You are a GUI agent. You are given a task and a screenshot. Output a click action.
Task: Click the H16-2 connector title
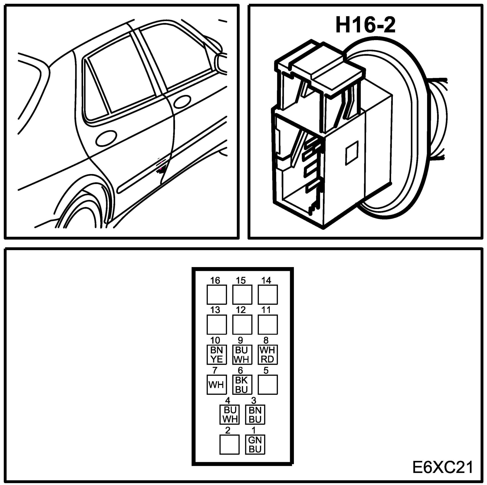click(x=365, y=25)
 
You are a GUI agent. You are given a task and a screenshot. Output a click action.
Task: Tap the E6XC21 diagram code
click(x=443, y=467)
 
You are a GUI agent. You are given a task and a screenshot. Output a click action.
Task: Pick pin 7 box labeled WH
click(x=217, y=385)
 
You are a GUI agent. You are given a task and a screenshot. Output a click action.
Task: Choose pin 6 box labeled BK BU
click(x=242, y=385)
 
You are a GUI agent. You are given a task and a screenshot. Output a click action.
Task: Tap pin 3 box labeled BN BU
click(x=255, y=415)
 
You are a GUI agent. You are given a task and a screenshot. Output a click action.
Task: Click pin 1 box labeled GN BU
click(x=255, y=445)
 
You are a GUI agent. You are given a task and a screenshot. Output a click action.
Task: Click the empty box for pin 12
click(x=242, y=324)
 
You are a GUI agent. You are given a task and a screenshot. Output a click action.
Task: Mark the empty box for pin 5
click(x=267, y=385)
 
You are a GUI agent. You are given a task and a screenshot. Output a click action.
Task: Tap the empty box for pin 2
click(x=229, y=445)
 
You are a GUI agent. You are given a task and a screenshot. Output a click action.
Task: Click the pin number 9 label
click(x=240, y=340)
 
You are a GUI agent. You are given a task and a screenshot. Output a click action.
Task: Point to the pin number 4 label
click(x=228, y=401)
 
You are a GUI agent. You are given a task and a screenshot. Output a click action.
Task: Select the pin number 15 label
click(x=241, y=280)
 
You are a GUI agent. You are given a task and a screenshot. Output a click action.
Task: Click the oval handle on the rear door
click(x=106, y=138)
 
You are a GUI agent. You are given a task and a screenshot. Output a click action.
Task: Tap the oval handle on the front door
click(x=182, y=102)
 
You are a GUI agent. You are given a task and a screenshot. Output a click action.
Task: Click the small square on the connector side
click(x=352, y=153)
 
